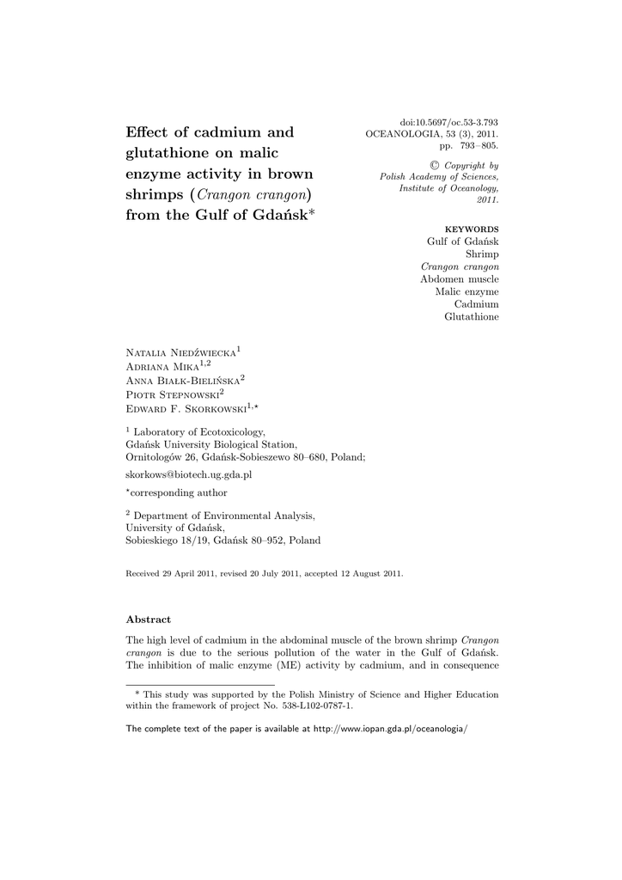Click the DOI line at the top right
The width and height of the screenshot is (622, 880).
pos(449,122)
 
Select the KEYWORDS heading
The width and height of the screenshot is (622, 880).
pos(471,229)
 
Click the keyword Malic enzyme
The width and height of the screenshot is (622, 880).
pos(466,291)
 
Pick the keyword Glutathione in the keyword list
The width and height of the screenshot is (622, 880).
pos(471,317)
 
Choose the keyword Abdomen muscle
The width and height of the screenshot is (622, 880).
pos(459,279)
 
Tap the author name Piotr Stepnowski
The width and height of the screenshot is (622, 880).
pos(172,394)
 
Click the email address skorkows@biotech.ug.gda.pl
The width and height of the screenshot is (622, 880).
pos(188,474)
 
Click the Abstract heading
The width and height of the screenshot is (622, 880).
pos(149,619)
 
